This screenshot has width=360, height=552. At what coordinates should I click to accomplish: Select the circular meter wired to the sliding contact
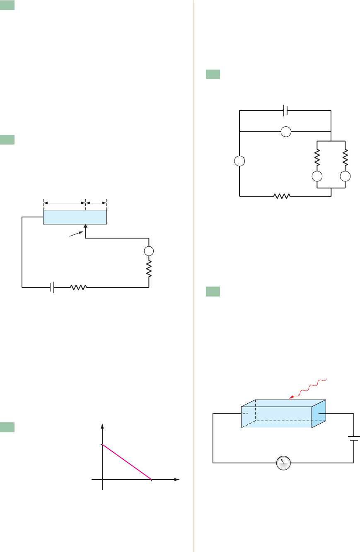coord(149,251)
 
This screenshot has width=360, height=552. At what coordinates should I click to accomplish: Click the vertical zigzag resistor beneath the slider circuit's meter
coord(149,269)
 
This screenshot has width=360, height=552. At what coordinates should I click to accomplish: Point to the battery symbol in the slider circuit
coord(52,287)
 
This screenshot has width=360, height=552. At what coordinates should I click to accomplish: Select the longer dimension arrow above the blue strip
coord(64,202)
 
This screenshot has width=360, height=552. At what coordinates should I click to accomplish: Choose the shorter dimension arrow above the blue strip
coord(96,202)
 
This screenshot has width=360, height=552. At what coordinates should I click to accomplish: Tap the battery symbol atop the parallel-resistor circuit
coord(285,111)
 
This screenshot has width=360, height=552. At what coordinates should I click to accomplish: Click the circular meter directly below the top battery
coord(285,132)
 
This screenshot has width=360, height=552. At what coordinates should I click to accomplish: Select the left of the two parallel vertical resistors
coord(317,157)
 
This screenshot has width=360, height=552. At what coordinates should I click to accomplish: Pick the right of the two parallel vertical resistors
coord(345,157)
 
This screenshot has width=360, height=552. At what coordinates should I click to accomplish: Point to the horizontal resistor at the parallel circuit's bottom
coord(281,196)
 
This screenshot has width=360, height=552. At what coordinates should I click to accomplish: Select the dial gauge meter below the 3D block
coord(283,463)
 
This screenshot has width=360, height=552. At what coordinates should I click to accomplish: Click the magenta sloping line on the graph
coord(127,462)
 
